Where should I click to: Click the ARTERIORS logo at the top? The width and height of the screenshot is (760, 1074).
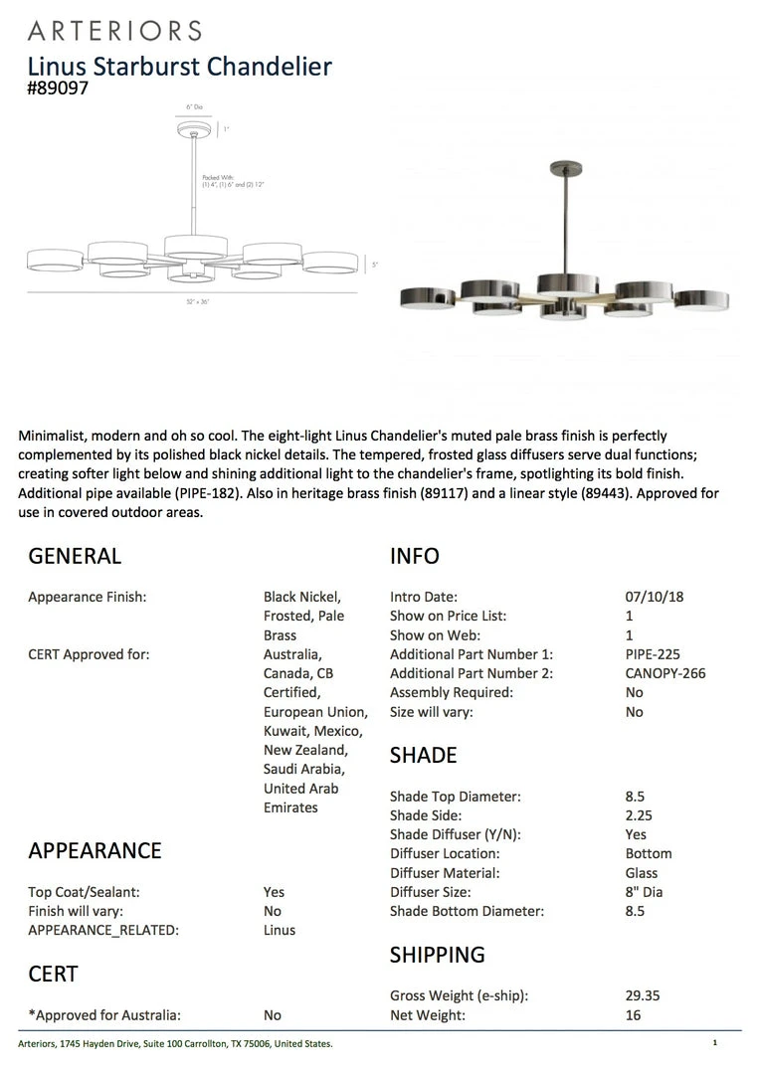pos(114,31)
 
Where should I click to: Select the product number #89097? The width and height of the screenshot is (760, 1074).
pos(59,89)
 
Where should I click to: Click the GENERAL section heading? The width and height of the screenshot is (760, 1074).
pos(75,556)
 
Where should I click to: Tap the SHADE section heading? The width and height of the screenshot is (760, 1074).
pos(423,755)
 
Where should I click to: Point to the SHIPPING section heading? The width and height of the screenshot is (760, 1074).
pos(437,955)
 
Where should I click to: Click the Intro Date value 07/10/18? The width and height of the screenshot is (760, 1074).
pos(655,597)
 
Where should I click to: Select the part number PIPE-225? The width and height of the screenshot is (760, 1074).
pos(647,654)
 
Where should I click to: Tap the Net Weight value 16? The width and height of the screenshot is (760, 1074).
pos(634,1015)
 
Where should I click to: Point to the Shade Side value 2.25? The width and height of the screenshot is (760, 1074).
pos(639,815)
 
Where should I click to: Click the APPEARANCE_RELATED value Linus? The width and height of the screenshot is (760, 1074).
pos(280,930)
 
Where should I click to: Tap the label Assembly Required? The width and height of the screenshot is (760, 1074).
pos(453,692)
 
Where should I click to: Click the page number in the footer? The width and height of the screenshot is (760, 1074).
pos(714,1043)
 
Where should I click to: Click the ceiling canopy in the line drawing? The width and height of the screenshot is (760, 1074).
pos(195,128)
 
